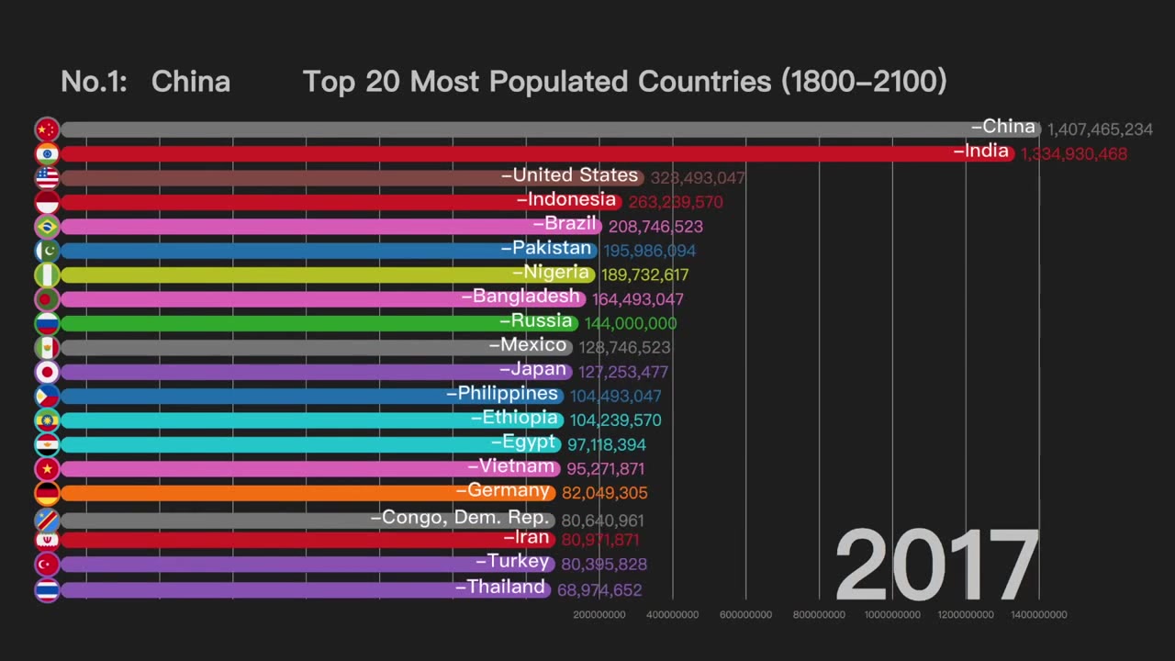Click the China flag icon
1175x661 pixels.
(x=47, y=129)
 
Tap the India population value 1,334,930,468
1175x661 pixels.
(x=1073, y=154)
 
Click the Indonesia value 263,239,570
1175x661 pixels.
(x=676, y=202)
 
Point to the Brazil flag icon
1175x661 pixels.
(x=47, y=227)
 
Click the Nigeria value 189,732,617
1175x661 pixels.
(x=644, y=274)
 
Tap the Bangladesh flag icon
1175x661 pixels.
(x=47, y=299)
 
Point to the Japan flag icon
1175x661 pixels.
(x=47, y=372)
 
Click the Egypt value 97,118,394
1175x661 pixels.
(x=606, y=444)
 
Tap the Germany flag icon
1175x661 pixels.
(x=47, y=493)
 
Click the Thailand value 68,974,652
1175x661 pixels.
(x=599, y=589)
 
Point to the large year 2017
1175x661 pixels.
(x=935, y=565)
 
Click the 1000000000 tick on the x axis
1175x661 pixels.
(x=892, y=614)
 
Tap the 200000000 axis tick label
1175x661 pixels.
(x=599, y=614)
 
